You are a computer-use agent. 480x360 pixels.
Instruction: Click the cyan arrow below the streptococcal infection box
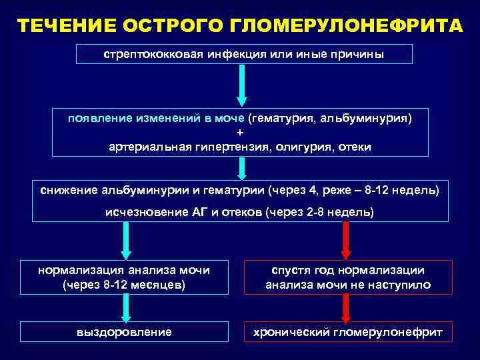pyautogui.click(x=241, y=85)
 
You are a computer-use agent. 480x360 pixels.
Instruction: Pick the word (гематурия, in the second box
pyautogui.click(x=281, y=118)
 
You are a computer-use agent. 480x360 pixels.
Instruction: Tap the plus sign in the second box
pyautogui.click(x=240, y=132)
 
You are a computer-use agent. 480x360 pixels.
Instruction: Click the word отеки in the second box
pyautogui.click(x=354, y=146)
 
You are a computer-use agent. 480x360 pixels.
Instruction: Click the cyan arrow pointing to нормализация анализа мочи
pyautogui.click(x=125, y=240)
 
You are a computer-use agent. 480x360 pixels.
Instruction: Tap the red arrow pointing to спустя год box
pyautogui.click(x=346, y=240)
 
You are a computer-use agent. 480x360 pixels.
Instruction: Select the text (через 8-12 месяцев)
pyautogui.click(x=124, y=285)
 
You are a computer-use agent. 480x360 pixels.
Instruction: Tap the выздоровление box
pyautogui.click(x=124, y=331)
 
